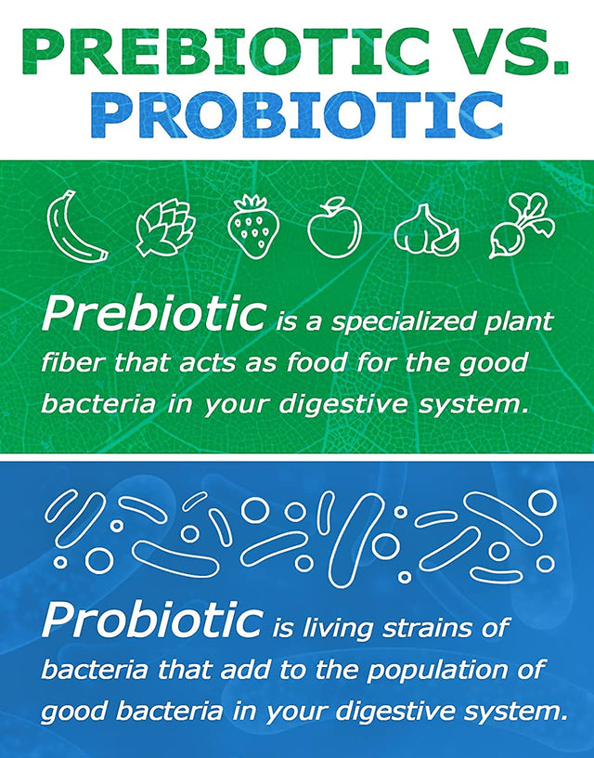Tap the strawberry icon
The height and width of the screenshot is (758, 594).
coord(252,226)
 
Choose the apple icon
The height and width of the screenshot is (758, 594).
coord(334,226)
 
